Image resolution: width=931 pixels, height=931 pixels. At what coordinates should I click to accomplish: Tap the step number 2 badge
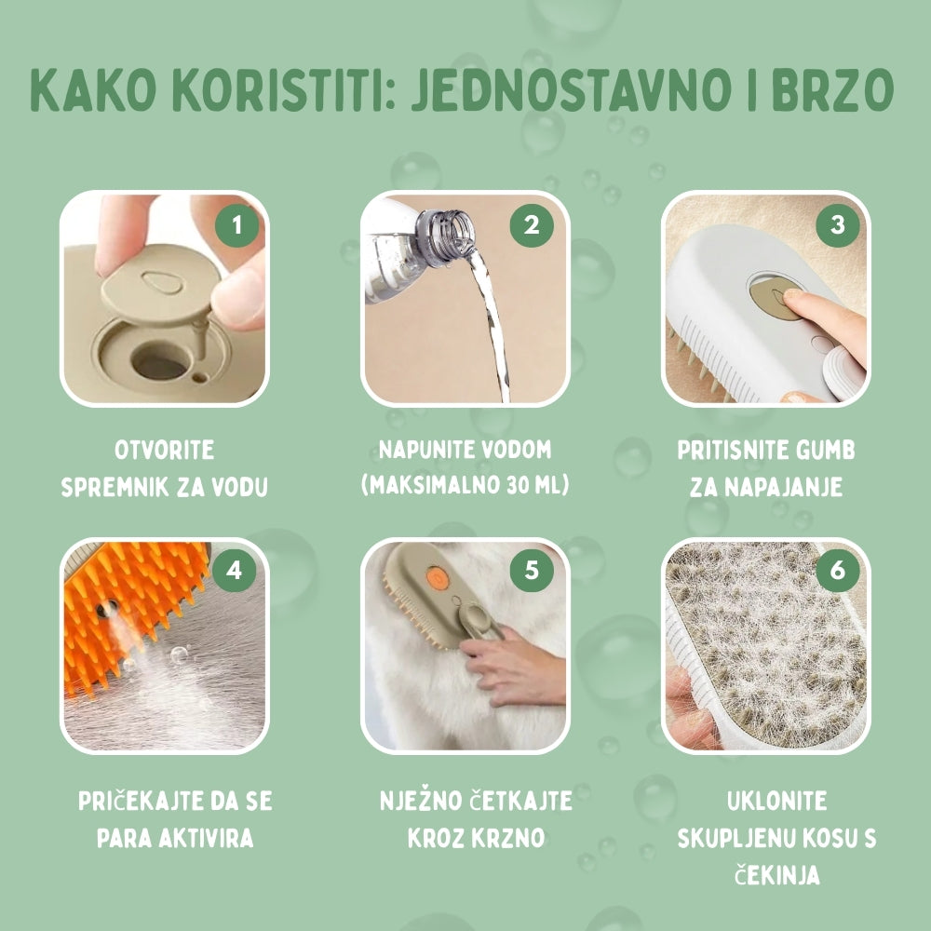(532, 225)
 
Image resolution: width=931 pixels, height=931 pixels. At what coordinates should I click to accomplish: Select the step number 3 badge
(836, 225)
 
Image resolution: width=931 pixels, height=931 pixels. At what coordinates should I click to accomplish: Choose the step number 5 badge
(532, 570)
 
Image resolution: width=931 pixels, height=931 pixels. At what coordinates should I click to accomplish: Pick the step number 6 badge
(836, 570)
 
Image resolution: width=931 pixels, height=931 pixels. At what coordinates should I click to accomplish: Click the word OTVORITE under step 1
(164, 452)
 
